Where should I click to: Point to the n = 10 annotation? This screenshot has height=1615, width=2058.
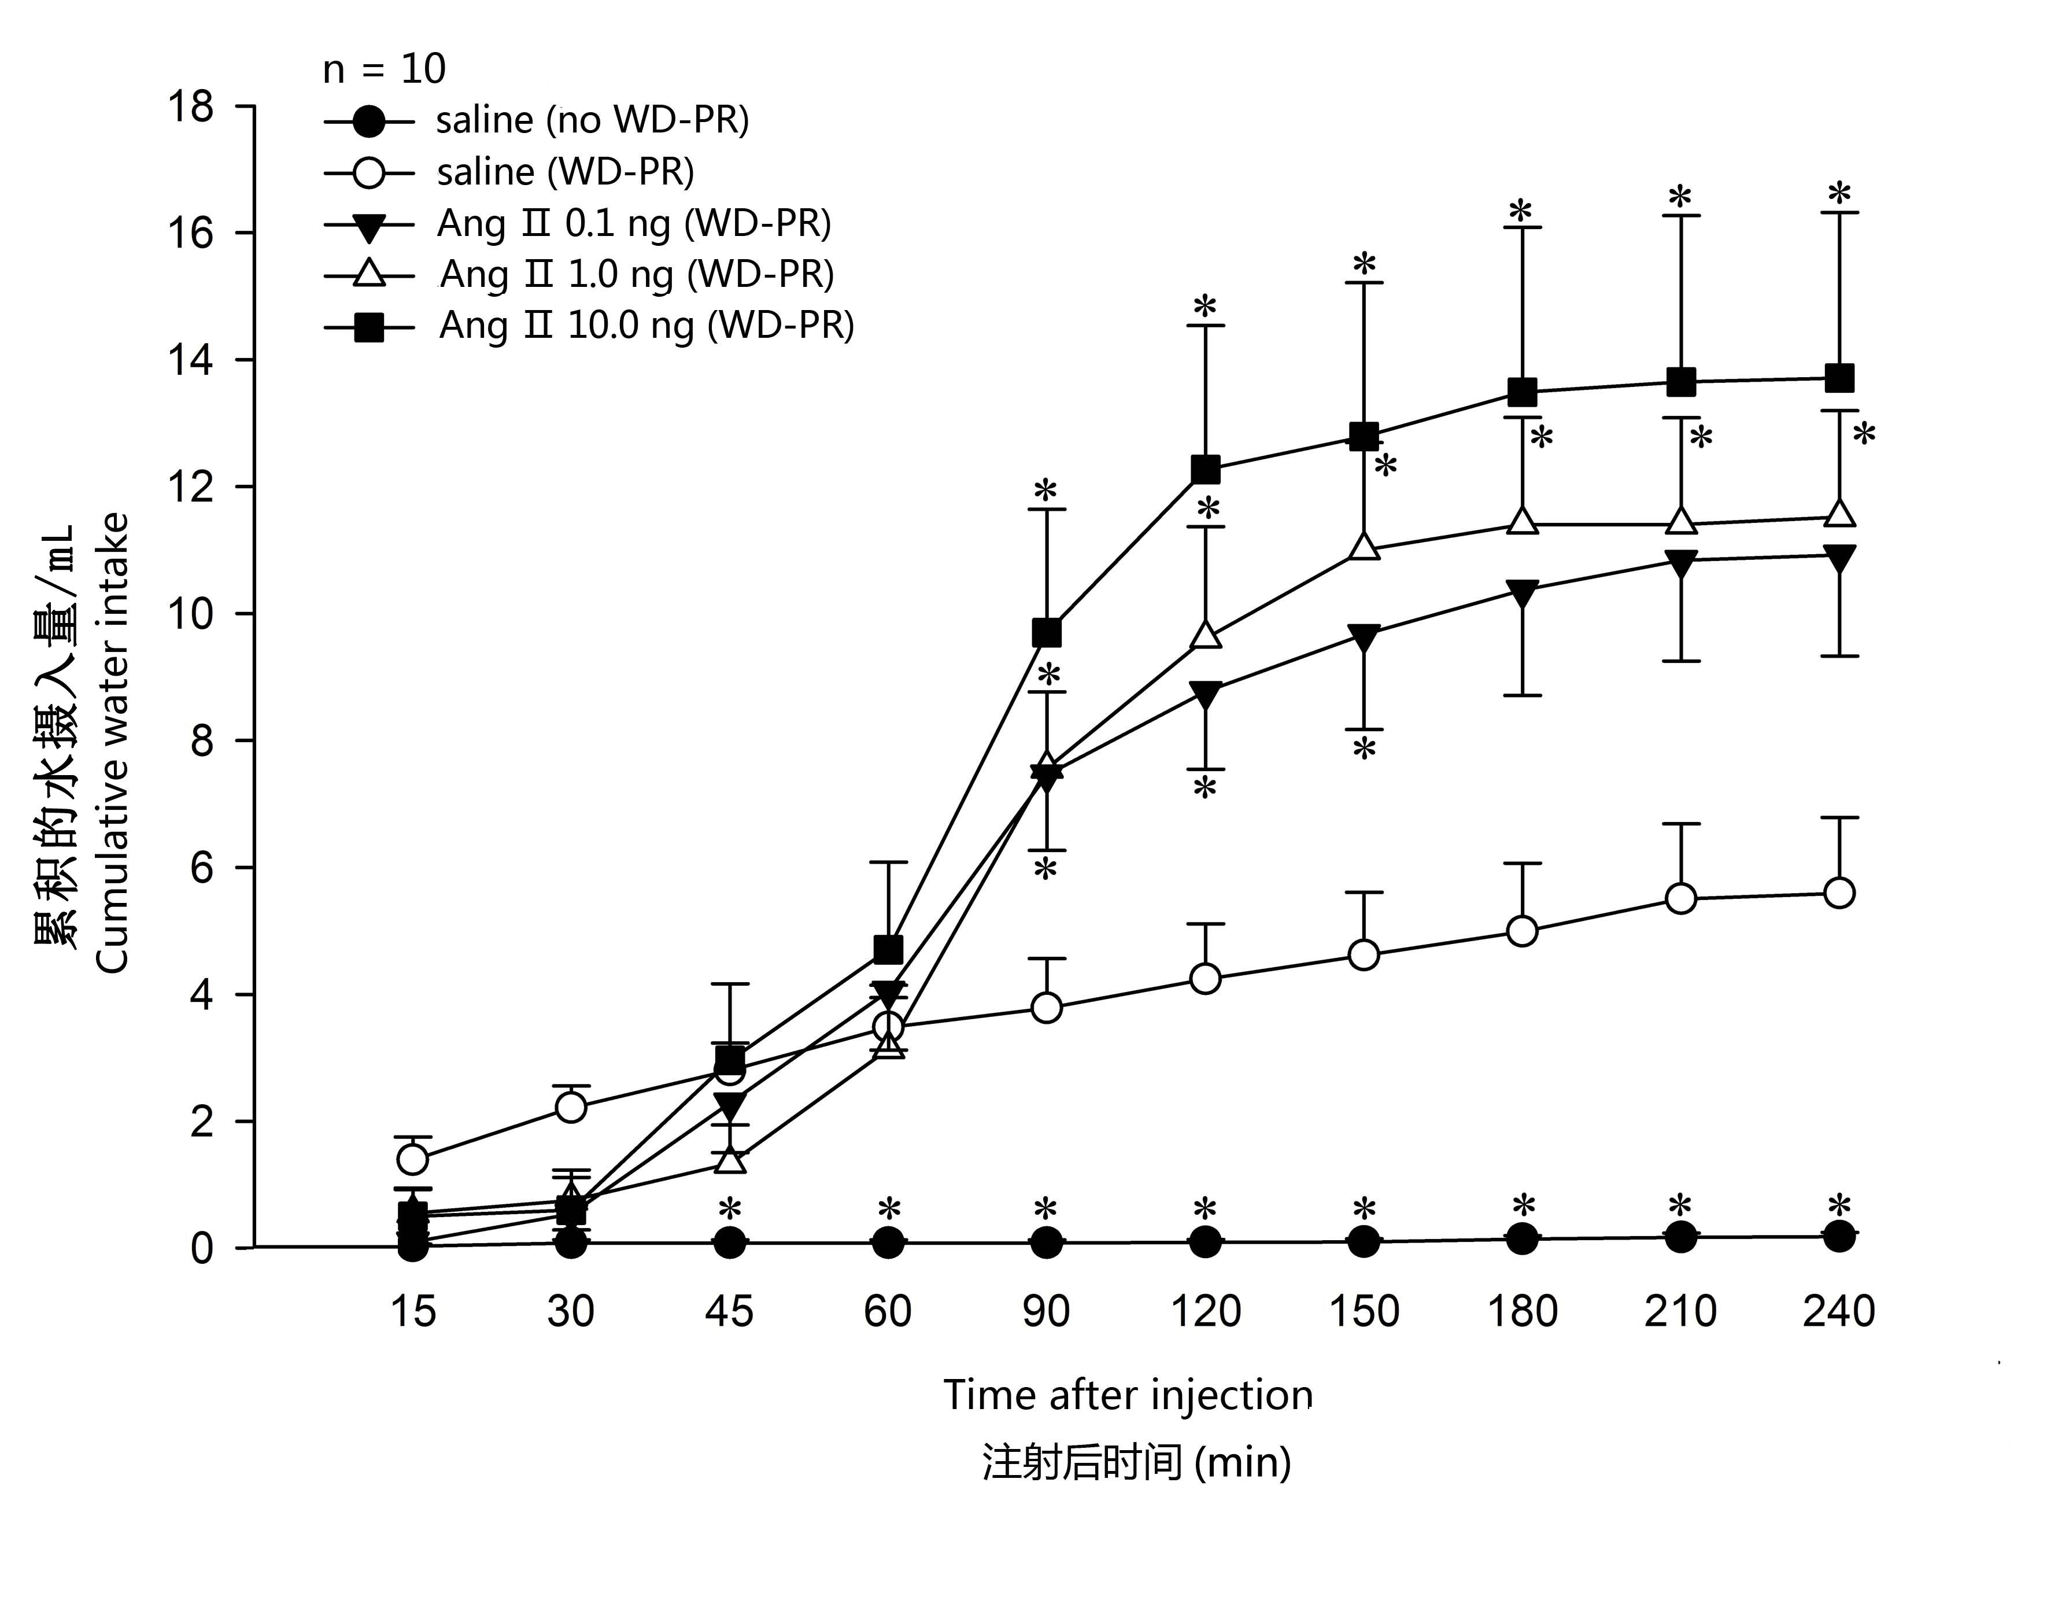click(384, 69)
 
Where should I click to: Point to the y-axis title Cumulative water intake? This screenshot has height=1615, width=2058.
click(112, 743)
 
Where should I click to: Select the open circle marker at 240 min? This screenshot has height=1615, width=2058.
click(1839, 893)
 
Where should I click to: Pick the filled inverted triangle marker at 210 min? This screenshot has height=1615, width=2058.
click(1681, 563)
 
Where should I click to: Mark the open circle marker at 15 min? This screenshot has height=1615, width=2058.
click(413, 1158)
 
